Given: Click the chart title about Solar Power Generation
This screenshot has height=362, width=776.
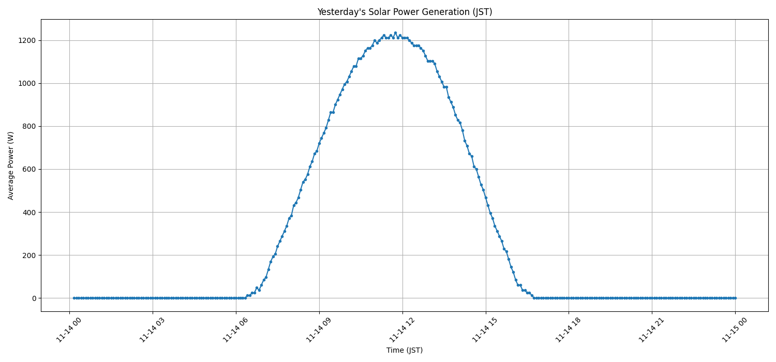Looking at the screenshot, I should [x=405, y=12].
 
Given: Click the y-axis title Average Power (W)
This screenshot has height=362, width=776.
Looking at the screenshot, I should [x=11, y=165].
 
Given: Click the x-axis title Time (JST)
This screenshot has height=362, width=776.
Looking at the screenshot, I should [x=405, y=350].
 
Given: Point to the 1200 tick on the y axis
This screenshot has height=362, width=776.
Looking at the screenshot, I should [x=26, y=40].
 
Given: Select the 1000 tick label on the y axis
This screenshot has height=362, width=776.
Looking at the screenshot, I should [x=26, y=83].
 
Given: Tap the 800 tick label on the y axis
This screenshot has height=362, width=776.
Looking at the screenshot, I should [x=28, y=126].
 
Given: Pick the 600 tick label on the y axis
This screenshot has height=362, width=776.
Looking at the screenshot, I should [x=28, y=169].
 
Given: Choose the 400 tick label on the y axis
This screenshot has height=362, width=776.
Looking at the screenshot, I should [x=28, y=212].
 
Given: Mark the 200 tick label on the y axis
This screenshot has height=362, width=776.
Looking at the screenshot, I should [x=28, y=255].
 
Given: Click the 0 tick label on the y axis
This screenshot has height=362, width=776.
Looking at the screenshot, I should [x=34, y=298].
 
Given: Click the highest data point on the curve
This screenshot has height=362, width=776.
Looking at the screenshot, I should [x=395, y=33].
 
